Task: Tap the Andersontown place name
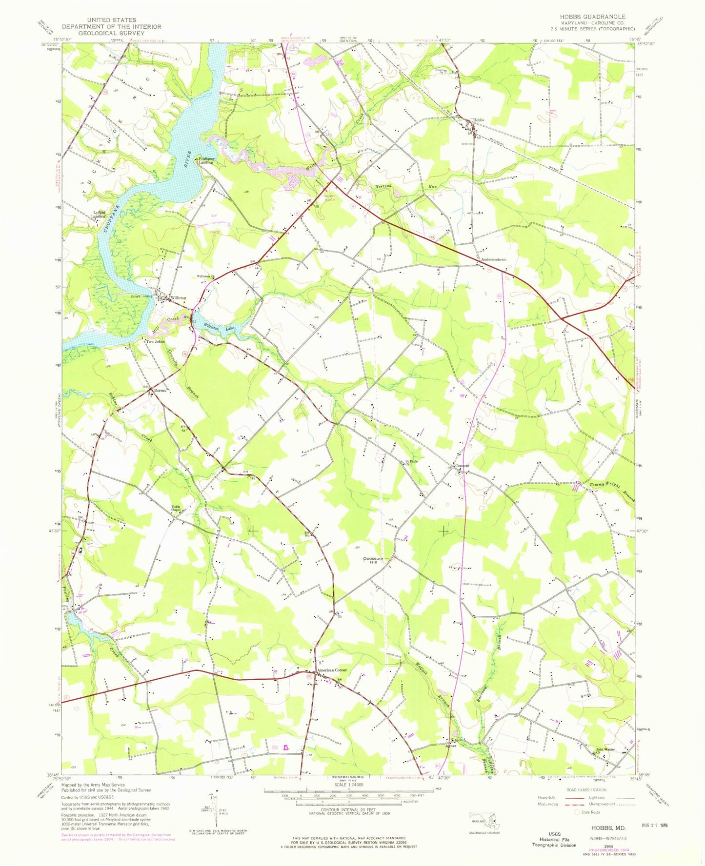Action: pyautogui.click(x=494, y=260)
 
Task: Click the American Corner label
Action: pyautogui.click(x=332, y=670)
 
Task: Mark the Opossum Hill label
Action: pyautogui.click(x=373, y=560)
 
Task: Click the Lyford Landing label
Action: pyautogui.click(x=100, y=214)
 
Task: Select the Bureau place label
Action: pyautogui.click(x=161, y=391)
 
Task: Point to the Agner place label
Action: pyautogui.click(x=451, y=746)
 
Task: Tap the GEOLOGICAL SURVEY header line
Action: pyautogui.click(x=111, y=33)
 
